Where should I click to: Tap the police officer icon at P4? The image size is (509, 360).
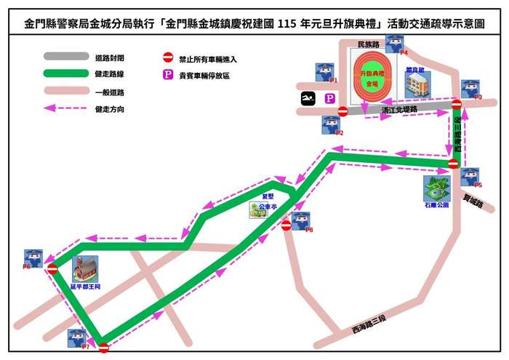(x=394, y=43)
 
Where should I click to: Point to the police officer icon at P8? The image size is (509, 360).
(x=300, y=221)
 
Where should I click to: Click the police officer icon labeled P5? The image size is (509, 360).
(x=470, y=177)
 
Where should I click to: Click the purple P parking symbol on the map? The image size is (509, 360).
(x=330, y=98)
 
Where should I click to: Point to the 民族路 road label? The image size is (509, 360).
(x=370, y=45)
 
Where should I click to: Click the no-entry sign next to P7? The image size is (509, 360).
(x=104, y=348)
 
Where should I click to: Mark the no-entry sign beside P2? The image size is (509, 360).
(x=342, y=111)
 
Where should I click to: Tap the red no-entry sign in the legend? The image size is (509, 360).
(x=167, y=57)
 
